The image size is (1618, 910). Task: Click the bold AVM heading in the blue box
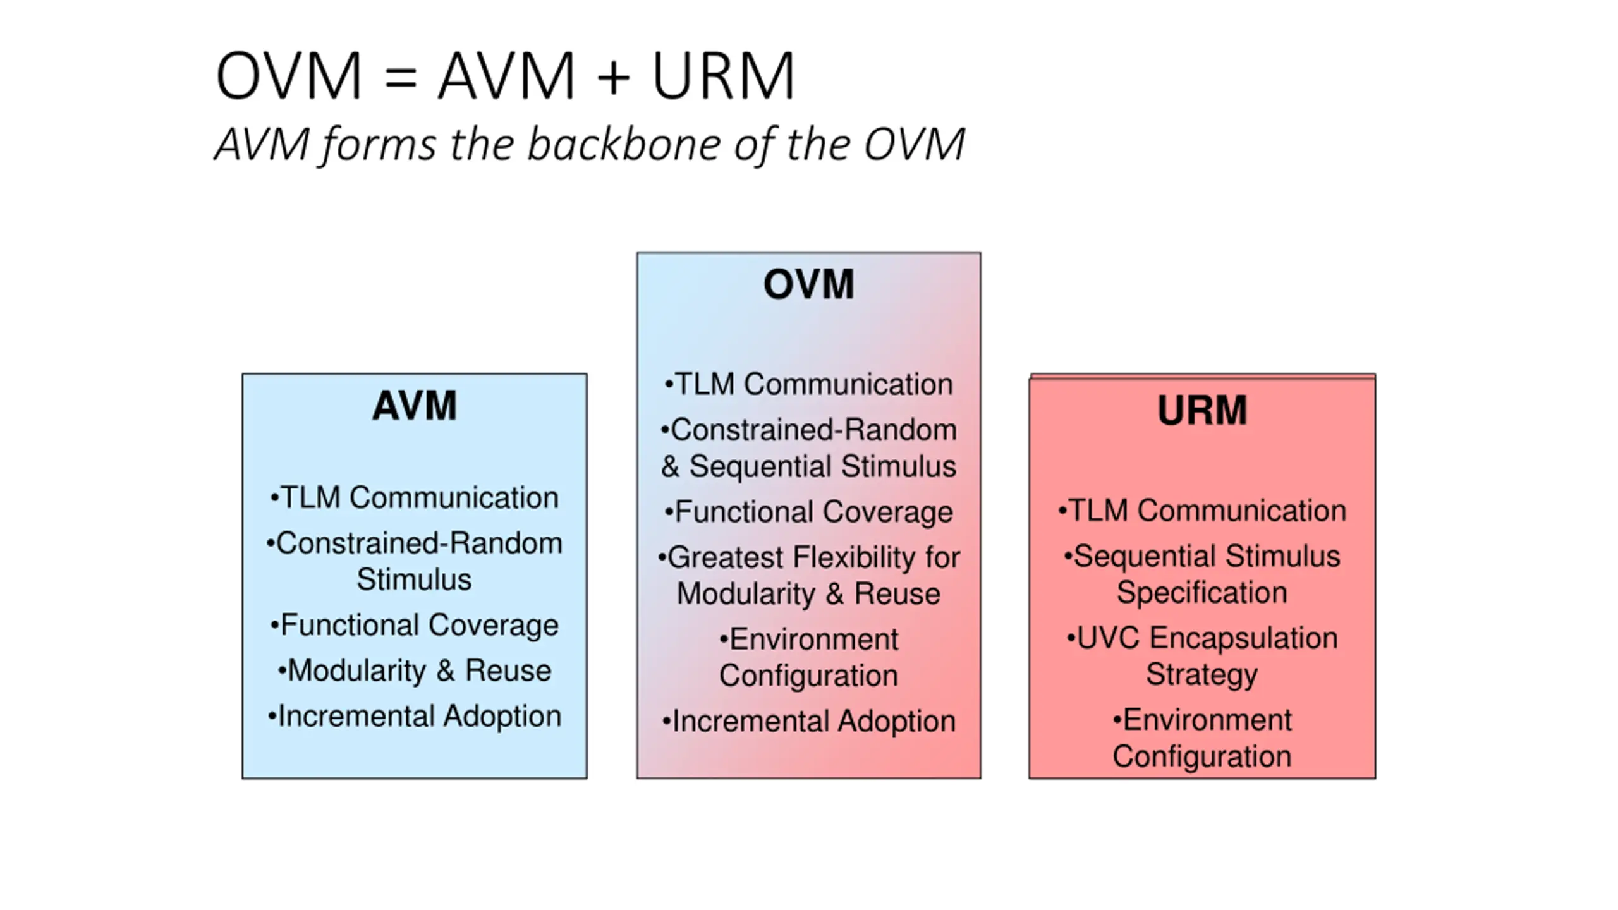point(414,405)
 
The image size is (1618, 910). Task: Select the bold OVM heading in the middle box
point(808,284)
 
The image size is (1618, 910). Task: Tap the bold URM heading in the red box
point(1202,410)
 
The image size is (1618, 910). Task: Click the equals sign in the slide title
point(400,76)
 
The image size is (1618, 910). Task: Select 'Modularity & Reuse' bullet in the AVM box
point(414,670)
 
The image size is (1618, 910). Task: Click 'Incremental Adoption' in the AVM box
point(414,716)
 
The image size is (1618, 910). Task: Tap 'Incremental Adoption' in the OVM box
point(808,721)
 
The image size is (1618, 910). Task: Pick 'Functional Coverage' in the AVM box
point(414,625)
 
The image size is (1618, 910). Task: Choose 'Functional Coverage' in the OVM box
point(808,512)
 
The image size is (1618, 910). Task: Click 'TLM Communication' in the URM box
point(1202,511)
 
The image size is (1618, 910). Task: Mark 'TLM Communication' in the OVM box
point(808,384)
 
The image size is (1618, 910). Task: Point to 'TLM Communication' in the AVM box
point(414,497)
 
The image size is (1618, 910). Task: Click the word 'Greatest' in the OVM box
point(725,557)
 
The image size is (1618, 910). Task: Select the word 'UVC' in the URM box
point(1107,638)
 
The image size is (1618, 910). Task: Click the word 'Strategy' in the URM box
point(1202,675)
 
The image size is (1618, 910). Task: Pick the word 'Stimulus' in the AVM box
point(414,579)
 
